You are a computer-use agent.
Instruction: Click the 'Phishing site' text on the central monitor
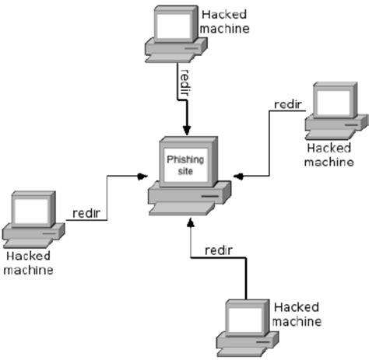point(184,164)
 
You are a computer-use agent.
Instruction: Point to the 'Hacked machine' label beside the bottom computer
point(298,314)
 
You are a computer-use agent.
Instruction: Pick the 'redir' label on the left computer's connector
point(86,213)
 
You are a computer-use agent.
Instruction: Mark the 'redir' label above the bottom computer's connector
point(218,250)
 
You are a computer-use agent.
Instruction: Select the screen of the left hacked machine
point(30,209)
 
